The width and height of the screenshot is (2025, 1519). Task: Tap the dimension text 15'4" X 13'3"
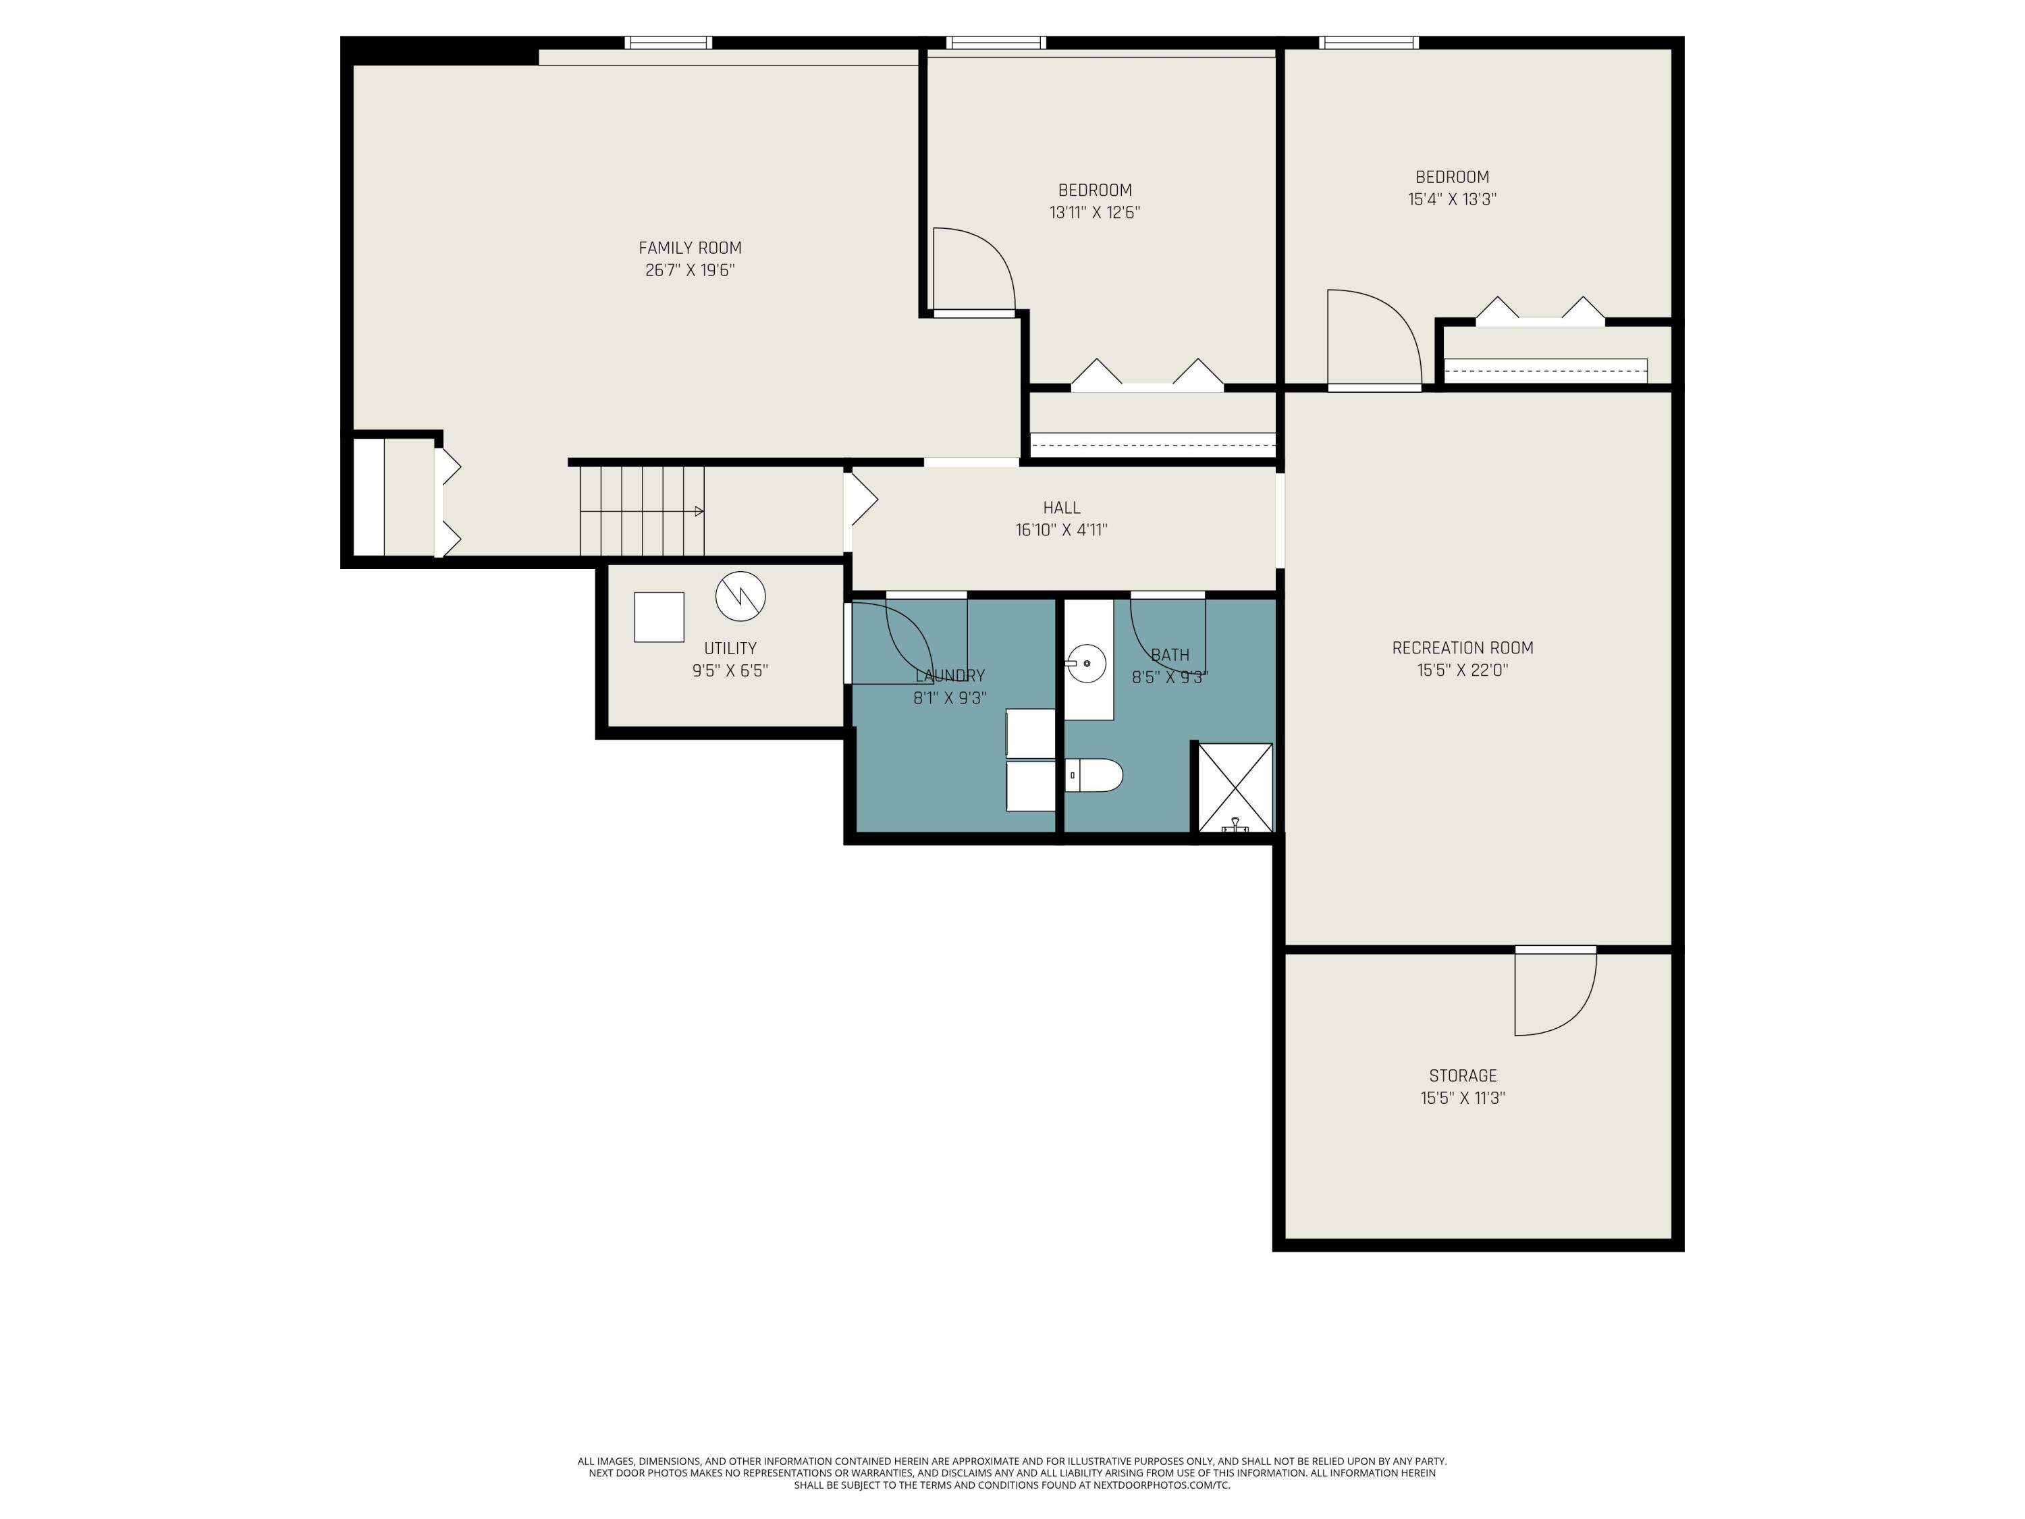[x=1452, y=198]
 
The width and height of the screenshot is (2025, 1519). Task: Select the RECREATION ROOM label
[x=1462, y=648]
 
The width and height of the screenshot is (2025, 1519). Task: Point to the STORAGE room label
[x=1463, y=1076]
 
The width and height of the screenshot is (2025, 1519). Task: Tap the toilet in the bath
[x=1094, y=776]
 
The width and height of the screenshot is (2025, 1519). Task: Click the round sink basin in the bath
[x=1087, y=663]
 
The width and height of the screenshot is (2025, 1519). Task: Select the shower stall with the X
[x=1235, y=787]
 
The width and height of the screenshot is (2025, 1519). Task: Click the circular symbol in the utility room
[x=740, y=596]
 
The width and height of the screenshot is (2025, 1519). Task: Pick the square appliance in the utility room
[x=659, y=617]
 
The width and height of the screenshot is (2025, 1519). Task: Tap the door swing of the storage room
[x=1555, y=994]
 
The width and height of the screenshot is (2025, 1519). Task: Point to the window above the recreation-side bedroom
[x=1369, y=42]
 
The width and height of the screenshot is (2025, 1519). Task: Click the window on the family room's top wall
[x=668, y=42]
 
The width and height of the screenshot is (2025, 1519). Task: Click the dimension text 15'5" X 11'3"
[x=1463, y=1098]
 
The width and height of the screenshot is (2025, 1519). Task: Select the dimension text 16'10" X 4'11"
[x=1061, y=530]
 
